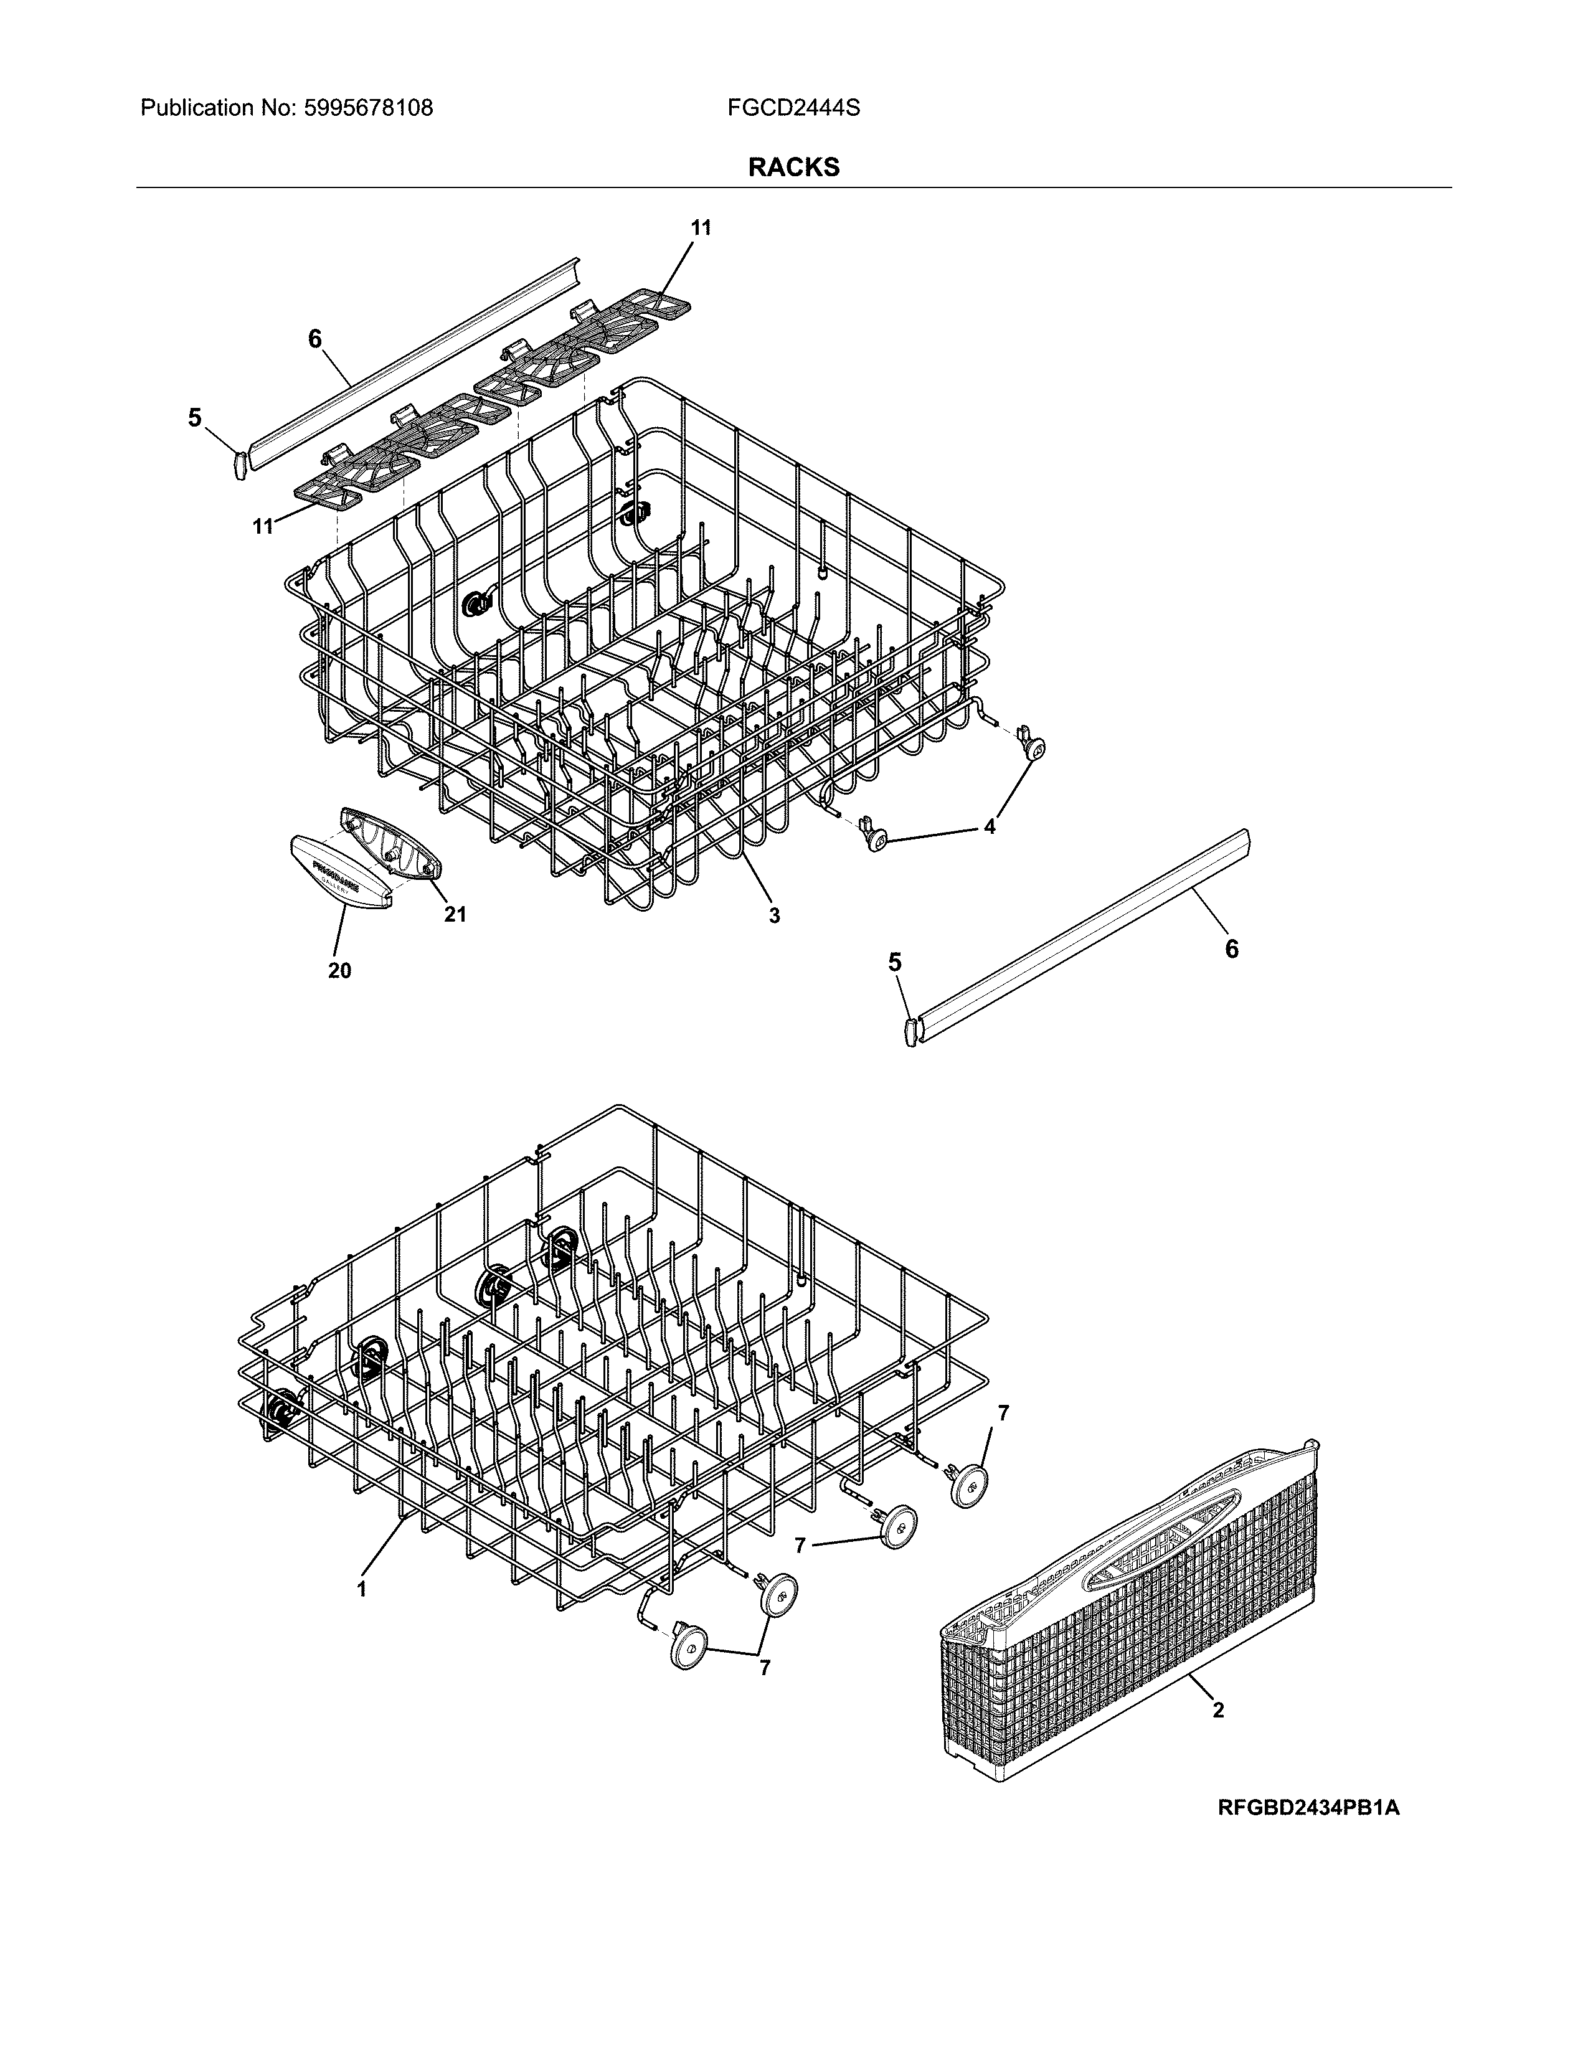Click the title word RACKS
793,168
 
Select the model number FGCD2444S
793,108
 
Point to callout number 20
339,970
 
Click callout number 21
455,914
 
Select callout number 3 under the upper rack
774,915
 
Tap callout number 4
990,826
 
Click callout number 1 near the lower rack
361,1589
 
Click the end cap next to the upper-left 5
240,463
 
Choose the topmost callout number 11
701,228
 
